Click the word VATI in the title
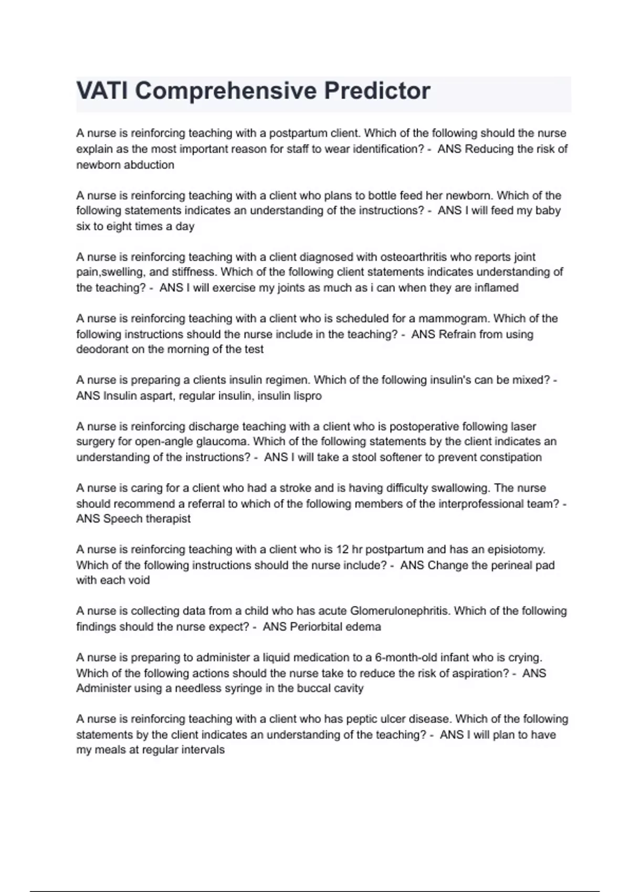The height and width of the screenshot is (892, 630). [x=102, y=91]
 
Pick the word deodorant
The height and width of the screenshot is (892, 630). [x=102, y=349]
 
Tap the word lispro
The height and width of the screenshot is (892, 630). [x=307, y=396]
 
